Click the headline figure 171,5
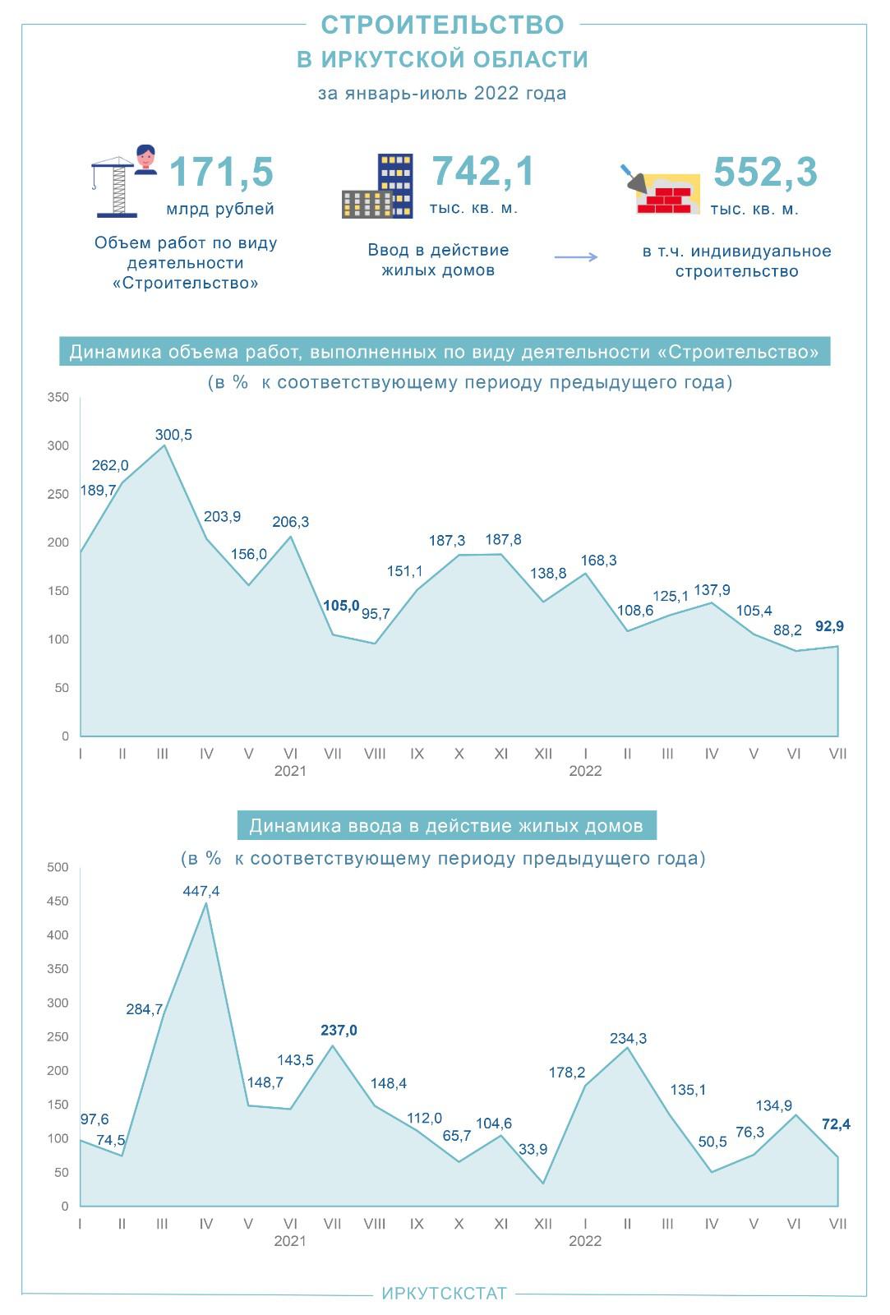point(220,173)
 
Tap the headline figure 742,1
point(483,172)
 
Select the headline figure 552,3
point(765,173)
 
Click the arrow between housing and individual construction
point(576,257)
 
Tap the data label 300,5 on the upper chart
point(173,435)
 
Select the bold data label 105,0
point(341,606)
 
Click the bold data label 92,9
point(829,626)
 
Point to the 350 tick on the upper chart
point(59,398)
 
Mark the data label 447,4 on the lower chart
point(201,891)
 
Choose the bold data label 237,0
point(339,1031)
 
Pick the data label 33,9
point(533,1149)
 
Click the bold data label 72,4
point(836,1124)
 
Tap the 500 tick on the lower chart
point(58,867)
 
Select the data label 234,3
point(628,1039)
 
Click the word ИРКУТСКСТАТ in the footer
point(444,1294)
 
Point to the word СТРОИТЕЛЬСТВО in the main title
point(442,25)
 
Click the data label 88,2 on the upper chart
point(786,630)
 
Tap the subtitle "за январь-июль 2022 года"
point(442,93)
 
